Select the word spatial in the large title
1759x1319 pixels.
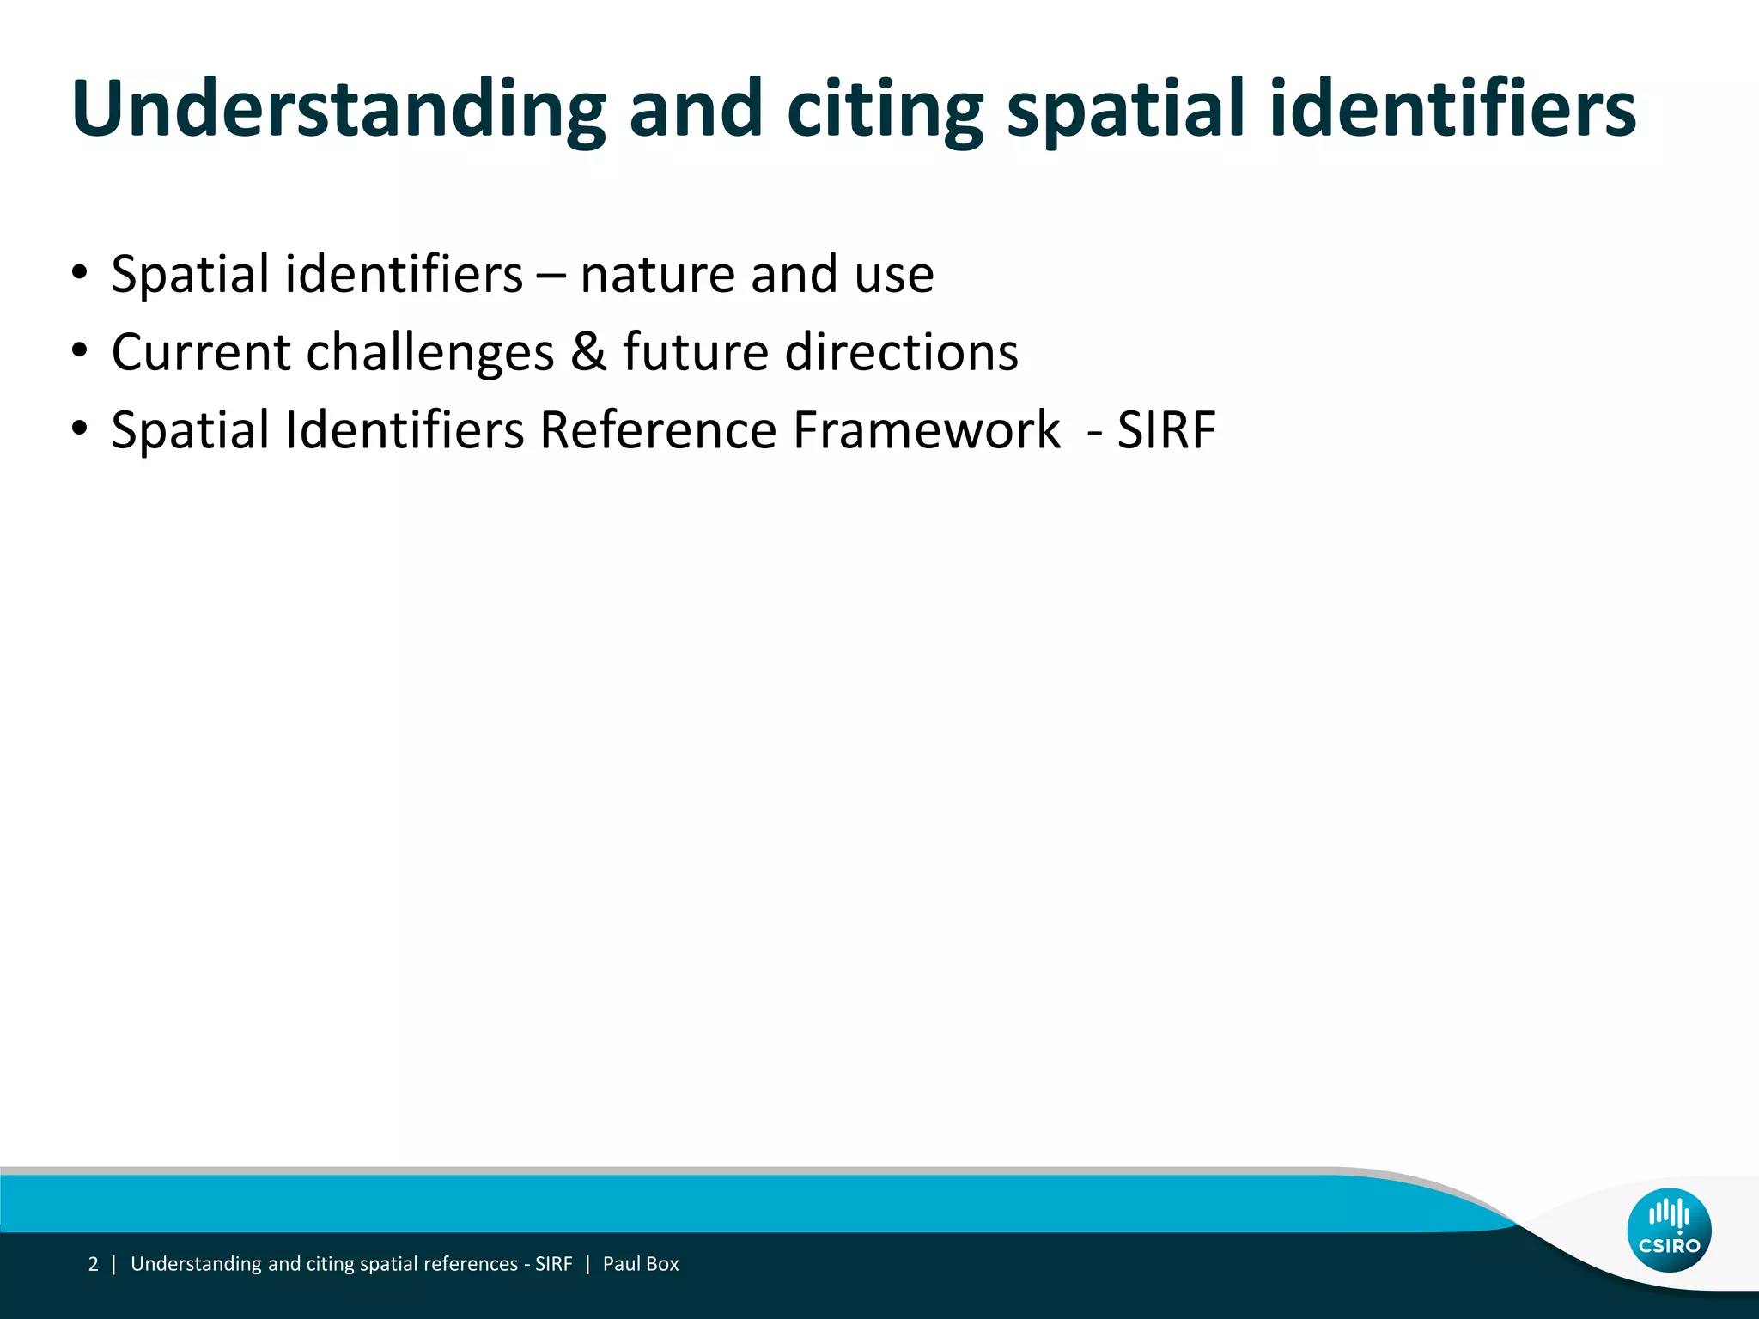pyautogui.click(x=1125, y=109)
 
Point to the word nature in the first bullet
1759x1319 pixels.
pyautogui.click(x=657, y=275)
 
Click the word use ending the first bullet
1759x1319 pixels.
pyautogui.click(x=894, y=275)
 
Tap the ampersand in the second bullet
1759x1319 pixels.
pyautogui.click(x=588, y=352)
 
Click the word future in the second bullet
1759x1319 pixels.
pyautogui.click(x=694, y=352)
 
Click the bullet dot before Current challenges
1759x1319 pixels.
pyautogui.click(x=80, y=351)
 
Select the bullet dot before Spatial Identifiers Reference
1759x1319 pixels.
pyautogui.click(x=80, y=429)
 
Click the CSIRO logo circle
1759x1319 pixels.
pyautogui.click(x=1669, y=1230)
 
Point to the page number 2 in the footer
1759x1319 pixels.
pyautogui.click(x=93, y=1264)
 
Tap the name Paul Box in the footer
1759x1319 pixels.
pyautogui.click(x=641, y=1264)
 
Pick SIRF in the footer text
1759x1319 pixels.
pyautogui.click(x=553, y=1264)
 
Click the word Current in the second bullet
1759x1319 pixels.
pyautogui.click(x=202, y=352)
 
